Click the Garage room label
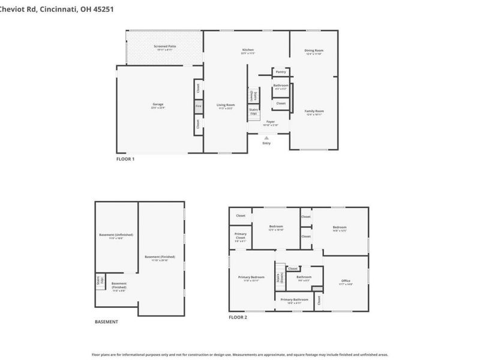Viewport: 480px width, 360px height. click(x=158, y=104)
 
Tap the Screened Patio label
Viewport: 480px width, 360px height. click(x=165, y=46)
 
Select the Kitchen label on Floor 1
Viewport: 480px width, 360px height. click(x=248, y=50)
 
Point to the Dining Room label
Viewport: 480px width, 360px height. click(x=314, y=50)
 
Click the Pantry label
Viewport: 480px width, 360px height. click(x=281, y=71)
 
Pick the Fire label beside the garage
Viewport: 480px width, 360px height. click(x=198, y=107)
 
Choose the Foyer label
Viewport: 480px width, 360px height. click(x=271, y=122)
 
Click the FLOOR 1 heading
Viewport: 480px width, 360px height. click(x=125, y=159)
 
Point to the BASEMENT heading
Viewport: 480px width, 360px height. click(x=106, y=322)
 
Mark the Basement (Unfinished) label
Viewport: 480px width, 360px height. click(x=116, y=235)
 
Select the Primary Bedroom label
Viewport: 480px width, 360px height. click(x=251, y=277)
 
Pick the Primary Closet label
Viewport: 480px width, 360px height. click(x=241, y=235)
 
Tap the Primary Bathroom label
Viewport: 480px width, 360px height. click(x=295, y=299)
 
